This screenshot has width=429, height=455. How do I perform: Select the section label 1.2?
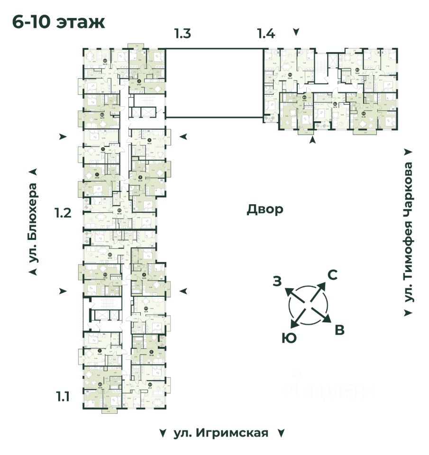tap(63, 213)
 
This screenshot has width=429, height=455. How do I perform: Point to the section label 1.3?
tap(183, 34)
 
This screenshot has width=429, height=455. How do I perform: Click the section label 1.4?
tap(266, 34)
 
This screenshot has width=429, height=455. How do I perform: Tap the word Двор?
tap(265, 209)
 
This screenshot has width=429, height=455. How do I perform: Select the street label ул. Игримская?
tap(221, 433)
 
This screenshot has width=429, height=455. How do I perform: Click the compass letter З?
tap(277, 282)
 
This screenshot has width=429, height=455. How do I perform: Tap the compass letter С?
tap(333, 275)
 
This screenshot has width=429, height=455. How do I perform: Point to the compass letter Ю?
tap(286, 337)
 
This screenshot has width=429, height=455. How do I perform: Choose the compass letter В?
tap(340, 330)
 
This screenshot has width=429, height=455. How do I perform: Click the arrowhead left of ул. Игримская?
tap(163, 433)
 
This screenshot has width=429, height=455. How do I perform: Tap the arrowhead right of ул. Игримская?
tap(281, 433)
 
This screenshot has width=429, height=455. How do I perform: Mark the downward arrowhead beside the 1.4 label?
tap(296, 32)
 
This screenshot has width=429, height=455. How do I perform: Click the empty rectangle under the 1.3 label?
tap(214, 82)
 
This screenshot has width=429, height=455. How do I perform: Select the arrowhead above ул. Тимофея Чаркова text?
tap(408, 152)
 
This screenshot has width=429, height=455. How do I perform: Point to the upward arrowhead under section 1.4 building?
tap(312, 140)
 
